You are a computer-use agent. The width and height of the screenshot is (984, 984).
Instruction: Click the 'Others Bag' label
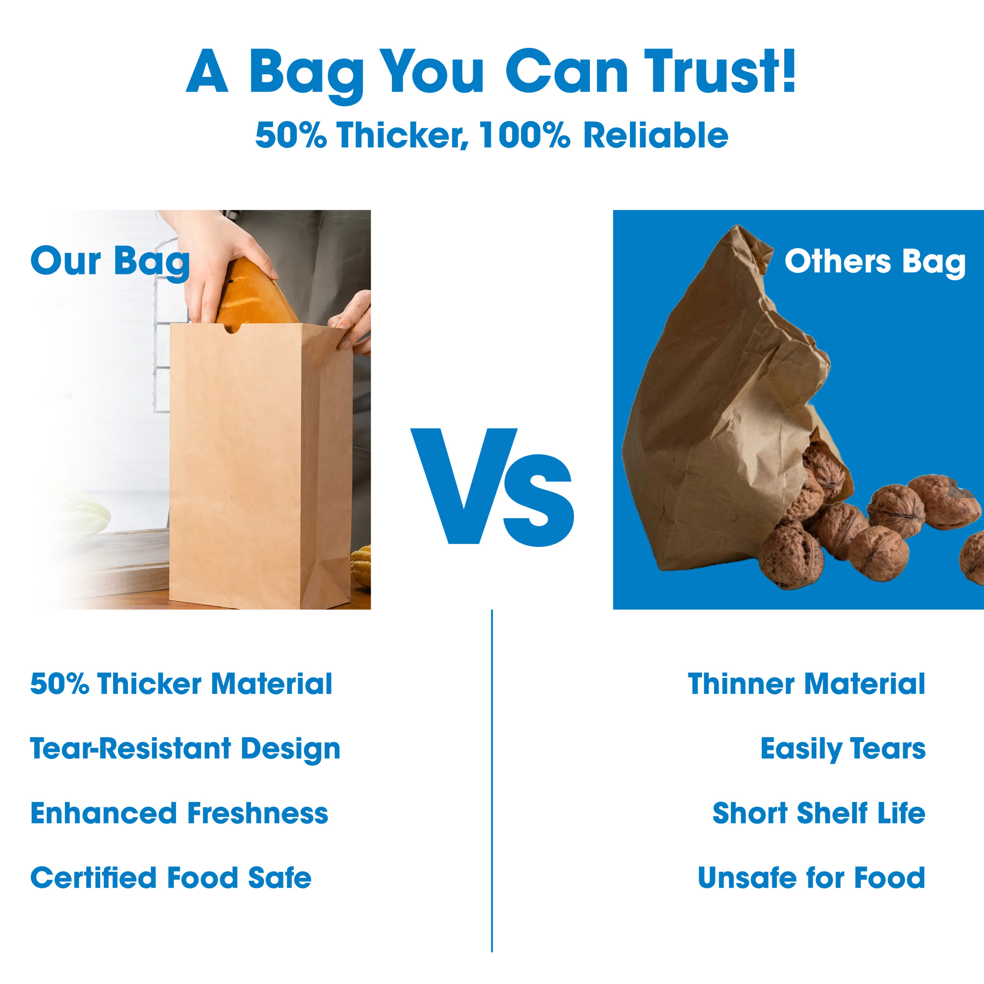[874, 262]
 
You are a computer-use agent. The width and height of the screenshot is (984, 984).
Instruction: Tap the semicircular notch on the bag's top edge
[231, 329]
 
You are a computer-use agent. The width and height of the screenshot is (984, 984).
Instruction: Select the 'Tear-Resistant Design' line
[185, 748]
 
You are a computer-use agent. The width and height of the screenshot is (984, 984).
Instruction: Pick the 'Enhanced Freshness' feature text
[179, 813]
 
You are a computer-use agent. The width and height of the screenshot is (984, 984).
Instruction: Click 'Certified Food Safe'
[171, 878]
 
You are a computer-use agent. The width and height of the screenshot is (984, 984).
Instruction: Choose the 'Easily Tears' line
[843, 748]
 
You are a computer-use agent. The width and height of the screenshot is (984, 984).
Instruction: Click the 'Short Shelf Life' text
[818, 813]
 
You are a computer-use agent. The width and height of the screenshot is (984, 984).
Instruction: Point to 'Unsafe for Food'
[811, 878]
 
